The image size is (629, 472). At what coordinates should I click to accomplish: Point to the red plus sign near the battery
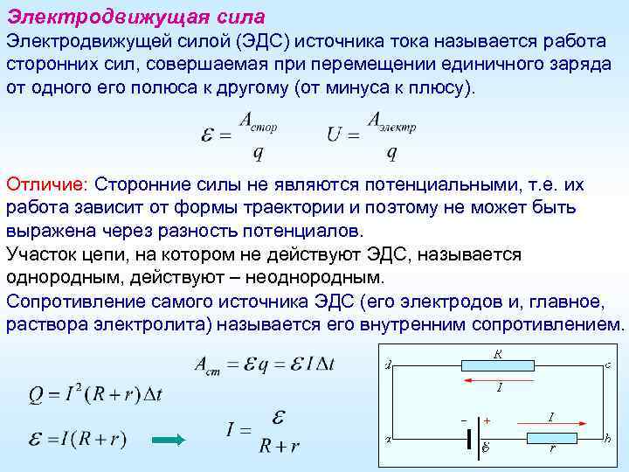487,421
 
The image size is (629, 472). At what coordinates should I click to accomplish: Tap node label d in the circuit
387,364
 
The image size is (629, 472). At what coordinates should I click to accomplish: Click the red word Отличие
45,185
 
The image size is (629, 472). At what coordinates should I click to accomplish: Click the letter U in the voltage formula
334,136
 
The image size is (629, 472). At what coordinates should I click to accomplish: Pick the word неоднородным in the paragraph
309,277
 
